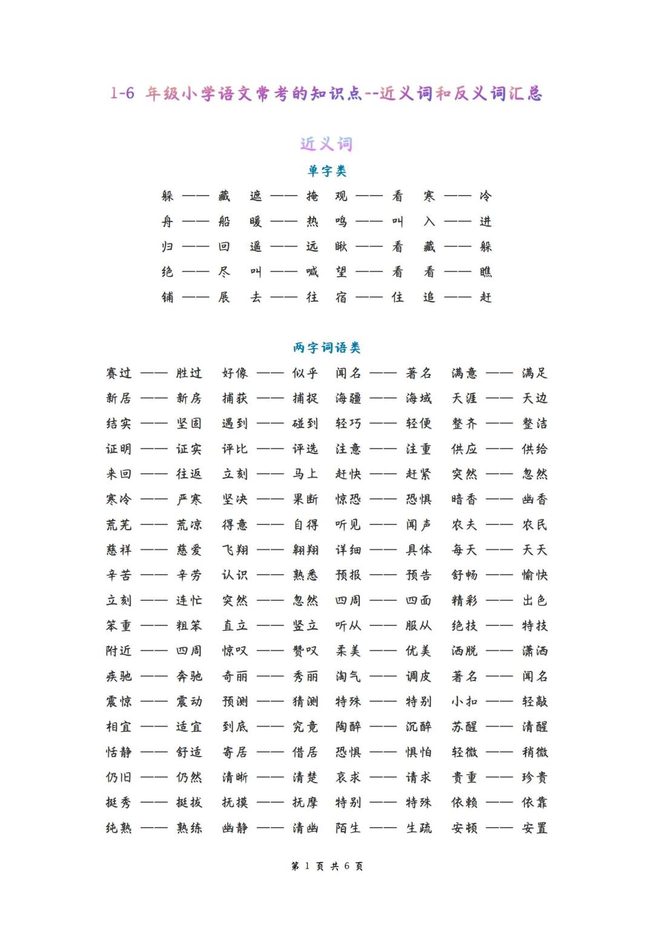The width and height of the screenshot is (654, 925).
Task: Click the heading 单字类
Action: (x=327, y=171)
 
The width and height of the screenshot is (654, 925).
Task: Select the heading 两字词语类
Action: (x=327, y=347)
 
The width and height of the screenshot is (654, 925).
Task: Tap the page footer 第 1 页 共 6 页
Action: (x=327, y=866)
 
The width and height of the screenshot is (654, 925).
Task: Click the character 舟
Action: (x=168, y=222)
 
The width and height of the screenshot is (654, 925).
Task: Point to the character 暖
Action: (x=256, y=222)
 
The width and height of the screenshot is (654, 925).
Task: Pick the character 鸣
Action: (x=342, y=222)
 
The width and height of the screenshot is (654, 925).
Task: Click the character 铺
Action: (x=168, y=297)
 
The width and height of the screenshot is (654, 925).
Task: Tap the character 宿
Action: (x=342, y=297)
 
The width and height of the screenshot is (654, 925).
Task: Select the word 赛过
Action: (x=119, y=373)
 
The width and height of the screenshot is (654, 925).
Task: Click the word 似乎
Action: (x=305, y=373)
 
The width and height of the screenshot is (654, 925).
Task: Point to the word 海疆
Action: (x=349, y=398)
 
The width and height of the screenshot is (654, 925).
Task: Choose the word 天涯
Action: (x=464, y=398)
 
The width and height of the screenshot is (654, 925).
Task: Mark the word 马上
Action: (x=305, y=474)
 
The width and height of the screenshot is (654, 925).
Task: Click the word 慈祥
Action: (x=119, y=550)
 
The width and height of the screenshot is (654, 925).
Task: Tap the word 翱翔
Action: (x=305, y=550)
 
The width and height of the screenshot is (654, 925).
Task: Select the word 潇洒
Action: (x=535, y=651)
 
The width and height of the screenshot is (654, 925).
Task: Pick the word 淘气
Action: (x=349, y=676)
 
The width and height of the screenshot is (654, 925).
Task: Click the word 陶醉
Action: (x=349, y=726)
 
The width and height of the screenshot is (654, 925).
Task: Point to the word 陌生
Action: (x=349, y=828)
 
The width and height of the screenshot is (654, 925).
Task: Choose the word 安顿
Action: (x=464, y=828)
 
